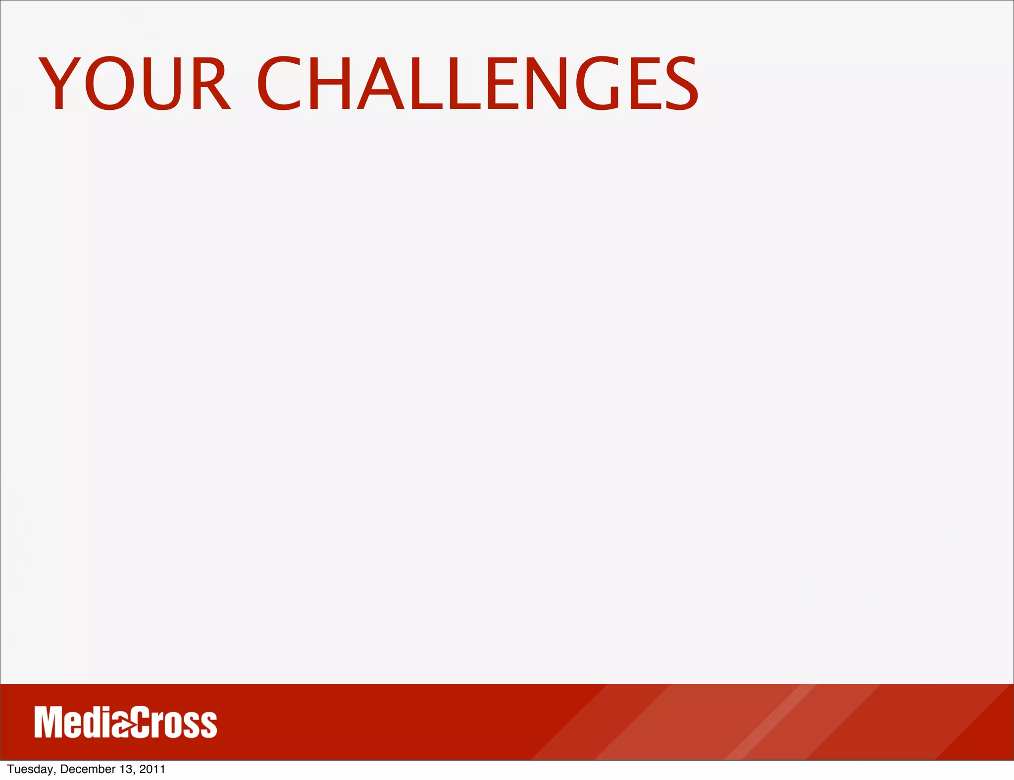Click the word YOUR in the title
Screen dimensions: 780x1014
coord(134,83)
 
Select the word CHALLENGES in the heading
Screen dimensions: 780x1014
coord(477,83)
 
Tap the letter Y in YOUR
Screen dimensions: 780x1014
coord(59,83)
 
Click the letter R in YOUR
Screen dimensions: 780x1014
coord(210,83)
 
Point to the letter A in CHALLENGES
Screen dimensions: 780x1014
coord(381,83)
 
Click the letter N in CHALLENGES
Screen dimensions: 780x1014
coord(542,83)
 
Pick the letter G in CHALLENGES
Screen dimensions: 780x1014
coord(598,83)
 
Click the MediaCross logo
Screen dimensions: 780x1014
coord(126,723)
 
